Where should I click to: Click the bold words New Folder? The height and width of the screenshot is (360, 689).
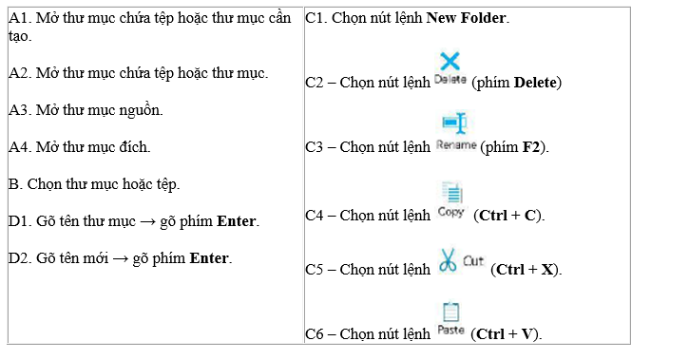[x=467, y=18]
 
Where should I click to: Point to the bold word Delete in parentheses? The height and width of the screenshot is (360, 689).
[x=535, y=82]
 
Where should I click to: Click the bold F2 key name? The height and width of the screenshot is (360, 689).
[x=531, y=146]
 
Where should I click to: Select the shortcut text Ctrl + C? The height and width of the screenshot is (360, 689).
[x=508, y=215]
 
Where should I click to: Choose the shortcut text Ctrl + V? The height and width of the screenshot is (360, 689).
[x=505, y=334]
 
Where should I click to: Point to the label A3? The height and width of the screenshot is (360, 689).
[x=19, y=110]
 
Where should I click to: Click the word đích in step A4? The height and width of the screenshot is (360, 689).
[x=134, y=146]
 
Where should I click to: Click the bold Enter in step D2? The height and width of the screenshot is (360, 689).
[x=209, y=257]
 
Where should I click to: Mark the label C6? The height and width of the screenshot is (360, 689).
[x=315, y=334]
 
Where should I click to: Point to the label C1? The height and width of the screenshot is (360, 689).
[x=316, y=18]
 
